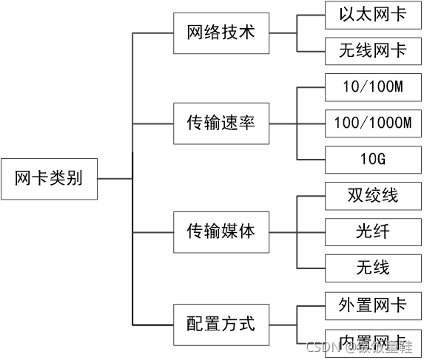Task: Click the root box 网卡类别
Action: coord(49,179)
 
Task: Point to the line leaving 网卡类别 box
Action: coord(115,179)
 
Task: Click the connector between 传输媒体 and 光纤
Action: coord(296,231)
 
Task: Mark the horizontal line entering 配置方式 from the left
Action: coord(152,324)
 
